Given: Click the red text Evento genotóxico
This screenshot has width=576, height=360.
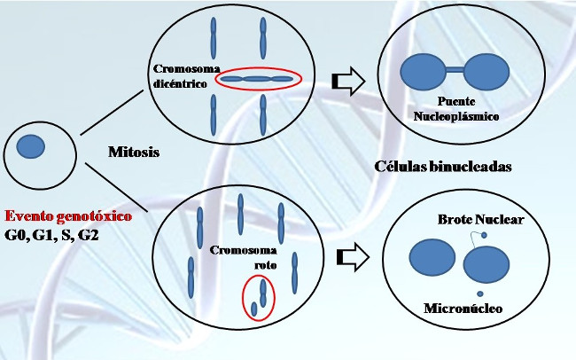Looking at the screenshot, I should point(68,216).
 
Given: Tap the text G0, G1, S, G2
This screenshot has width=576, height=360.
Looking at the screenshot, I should point(53,236).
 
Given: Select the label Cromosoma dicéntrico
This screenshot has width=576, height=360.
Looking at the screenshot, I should point(181,74).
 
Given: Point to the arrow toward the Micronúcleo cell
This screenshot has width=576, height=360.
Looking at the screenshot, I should point(356,258).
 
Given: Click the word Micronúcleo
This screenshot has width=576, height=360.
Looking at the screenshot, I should point(463,309).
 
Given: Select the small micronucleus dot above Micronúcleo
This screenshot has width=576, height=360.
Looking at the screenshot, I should point(479,293).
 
